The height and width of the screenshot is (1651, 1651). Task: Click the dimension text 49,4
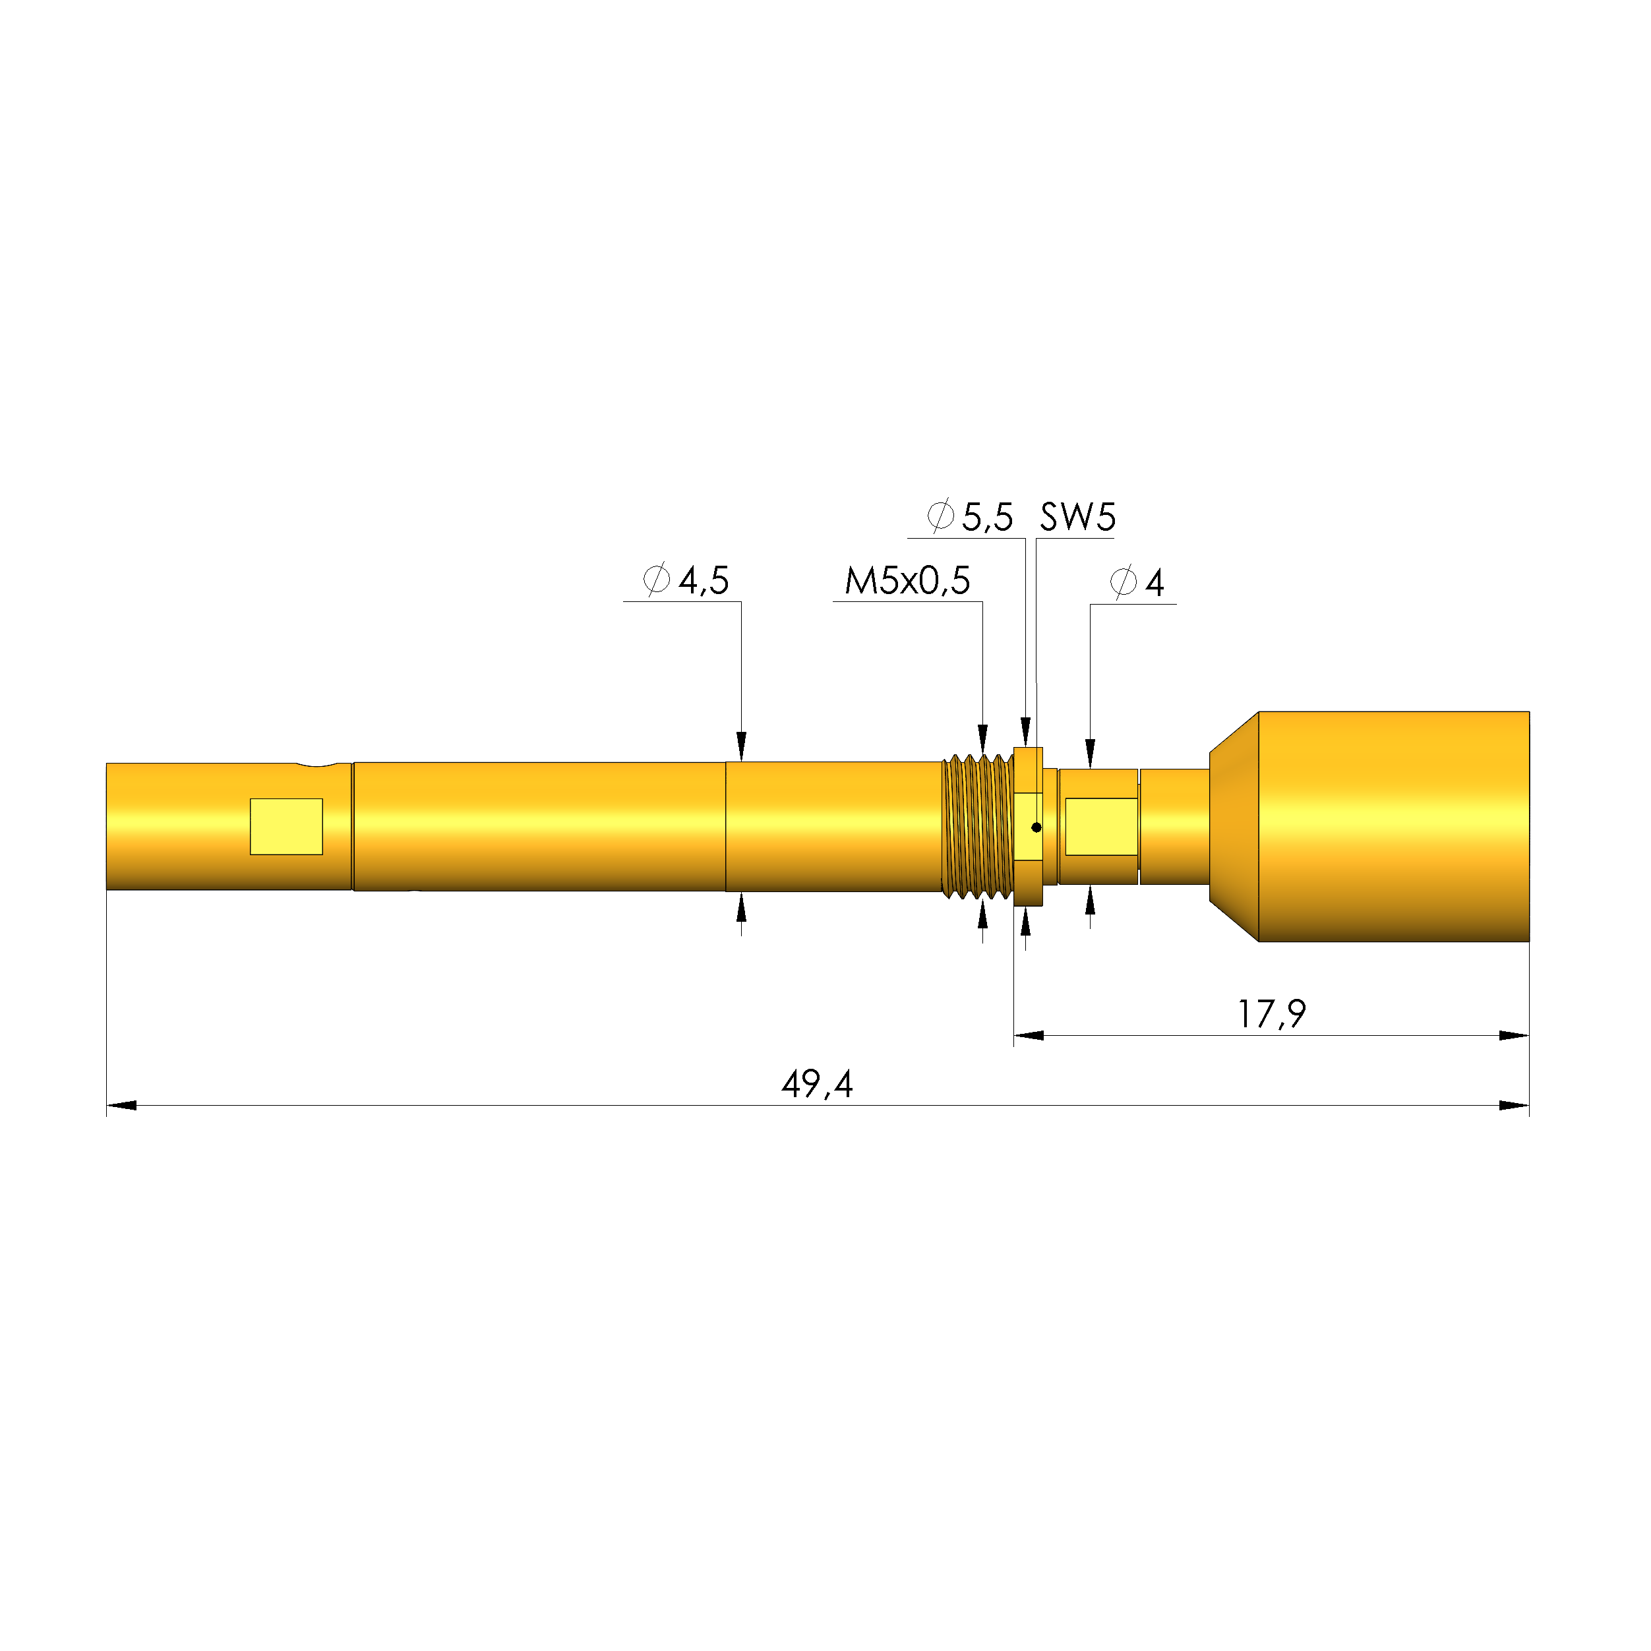point(817,1085)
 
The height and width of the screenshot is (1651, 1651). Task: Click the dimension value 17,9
point(1272,1014)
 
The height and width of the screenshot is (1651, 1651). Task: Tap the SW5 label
point(1077,517)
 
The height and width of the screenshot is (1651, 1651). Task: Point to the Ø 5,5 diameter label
point(970,517)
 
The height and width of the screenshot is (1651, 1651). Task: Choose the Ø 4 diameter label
point(1137,583)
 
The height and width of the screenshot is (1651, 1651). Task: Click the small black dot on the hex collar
point(1036,827)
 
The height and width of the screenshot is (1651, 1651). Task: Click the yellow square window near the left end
point(286,826)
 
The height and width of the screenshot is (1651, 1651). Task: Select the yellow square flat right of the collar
point(1100,826)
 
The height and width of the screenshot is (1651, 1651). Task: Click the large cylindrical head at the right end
point(1393,826)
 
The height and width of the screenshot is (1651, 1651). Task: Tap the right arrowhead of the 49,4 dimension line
point(1515,1106)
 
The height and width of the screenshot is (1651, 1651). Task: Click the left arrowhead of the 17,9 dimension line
point(1029,1036)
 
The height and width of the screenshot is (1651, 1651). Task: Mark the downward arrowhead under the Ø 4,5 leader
point(741,746)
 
